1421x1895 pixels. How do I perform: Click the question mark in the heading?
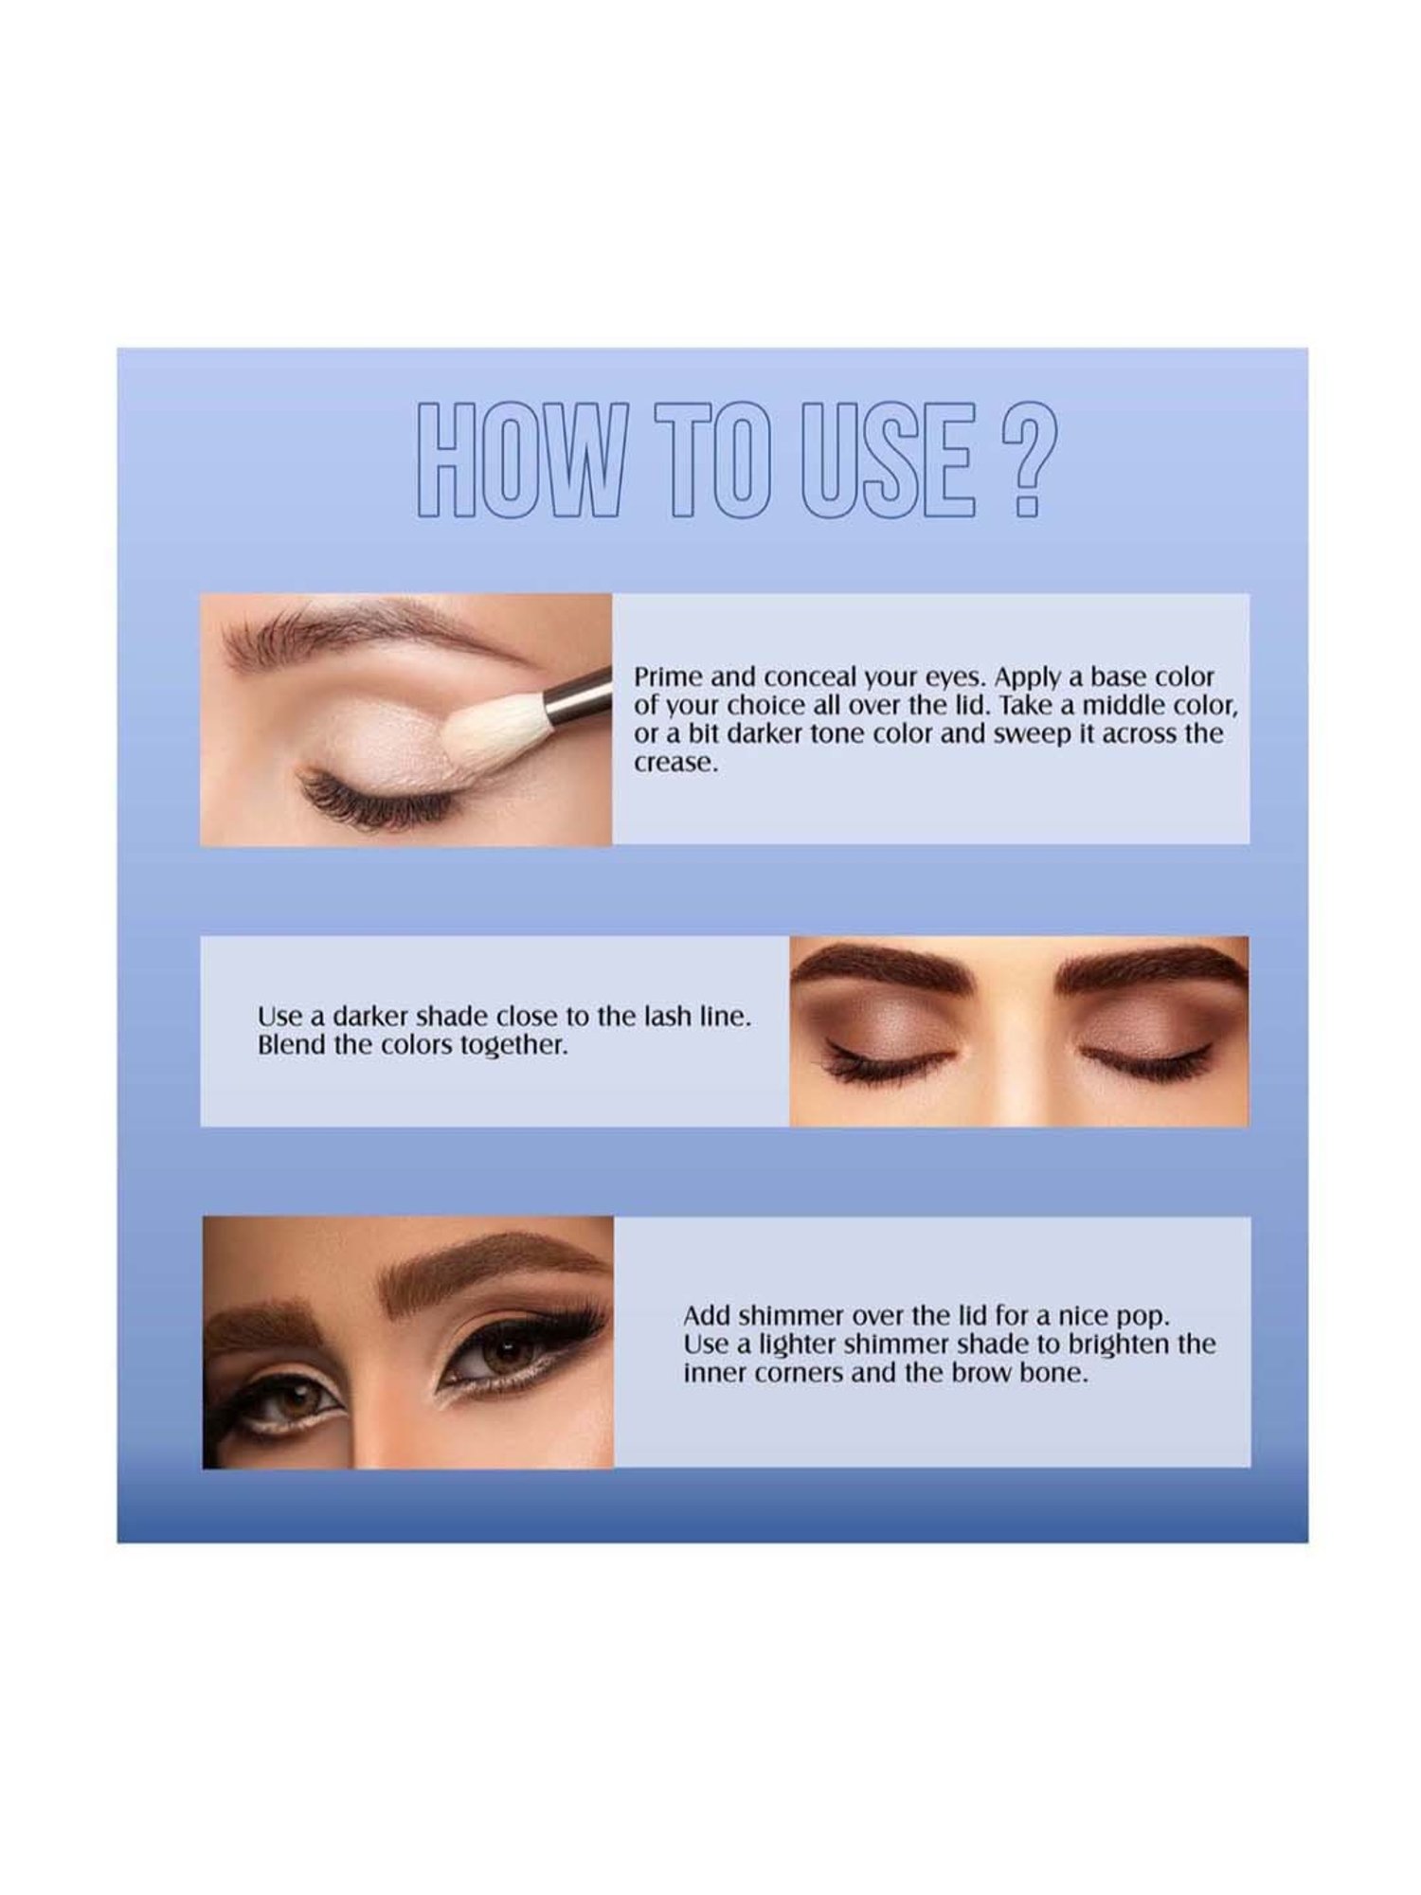1021,460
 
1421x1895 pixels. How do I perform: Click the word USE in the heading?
889,460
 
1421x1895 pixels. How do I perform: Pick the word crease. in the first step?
675,764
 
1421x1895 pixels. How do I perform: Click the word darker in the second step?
370,1017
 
